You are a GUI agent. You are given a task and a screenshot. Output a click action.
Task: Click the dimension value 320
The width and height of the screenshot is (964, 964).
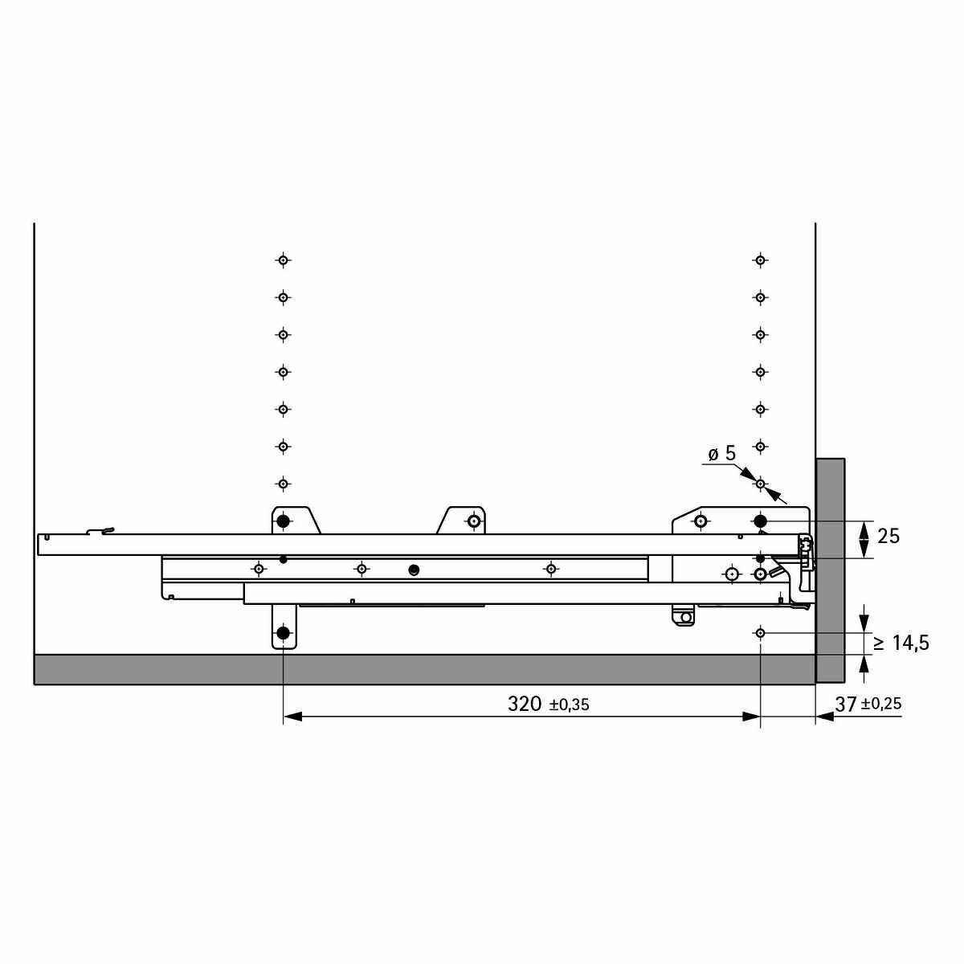pos(525,704)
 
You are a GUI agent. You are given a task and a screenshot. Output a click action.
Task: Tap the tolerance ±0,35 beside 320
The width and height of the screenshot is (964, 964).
pos(570,705)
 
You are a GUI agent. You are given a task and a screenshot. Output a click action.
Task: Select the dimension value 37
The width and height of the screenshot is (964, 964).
pos(845,705)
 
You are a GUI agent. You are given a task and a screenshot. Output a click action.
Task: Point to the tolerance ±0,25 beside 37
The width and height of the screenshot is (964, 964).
pos(881,705)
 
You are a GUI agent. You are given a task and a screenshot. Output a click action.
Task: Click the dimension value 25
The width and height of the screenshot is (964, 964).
pos(888,537)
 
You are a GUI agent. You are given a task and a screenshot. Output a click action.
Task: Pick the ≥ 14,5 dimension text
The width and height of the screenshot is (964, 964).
pos(901,643)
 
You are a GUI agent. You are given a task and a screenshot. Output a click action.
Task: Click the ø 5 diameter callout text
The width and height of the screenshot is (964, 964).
pos(722,454)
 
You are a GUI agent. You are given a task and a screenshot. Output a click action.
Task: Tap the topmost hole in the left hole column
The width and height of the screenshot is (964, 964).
pos(283,260)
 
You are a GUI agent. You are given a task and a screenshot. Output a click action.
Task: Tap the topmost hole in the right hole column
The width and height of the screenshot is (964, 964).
pos(761,260)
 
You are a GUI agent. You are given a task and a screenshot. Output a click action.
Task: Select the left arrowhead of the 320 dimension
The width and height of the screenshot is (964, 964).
pos(292,717)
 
